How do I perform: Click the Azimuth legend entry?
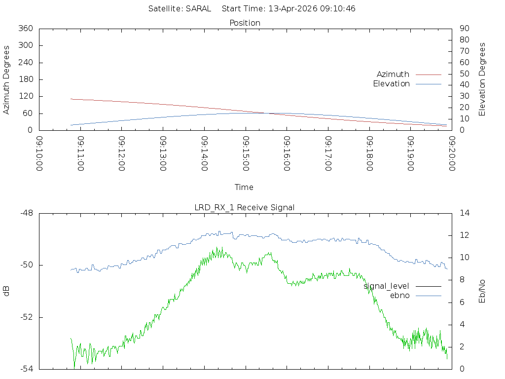tap(393, 74)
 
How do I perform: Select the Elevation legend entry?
tap(391, 84)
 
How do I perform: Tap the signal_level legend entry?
tap(386, 286)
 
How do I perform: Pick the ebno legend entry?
tap(399, 295)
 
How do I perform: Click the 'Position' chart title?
tap(245, 23)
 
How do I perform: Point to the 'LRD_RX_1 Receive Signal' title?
tap(245, 207)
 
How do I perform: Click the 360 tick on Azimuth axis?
tap(25, 29)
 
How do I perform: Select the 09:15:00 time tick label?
tap(246, 153)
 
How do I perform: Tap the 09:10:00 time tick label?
tap(40, 153)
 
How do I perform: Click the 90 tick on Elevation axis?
tap(464, 29)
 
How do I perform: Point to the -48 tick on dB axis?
tap(26, 213)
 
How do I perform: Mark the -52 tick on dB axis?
tap(26, 317)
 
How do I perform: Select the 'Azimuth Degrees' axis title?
tap(7, 80)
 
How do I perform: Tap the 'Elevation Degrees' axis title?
tap(482, 79)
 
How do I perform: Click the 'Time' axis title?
tap(244, 187)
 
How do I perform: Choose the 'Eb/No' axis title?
tap(482, 291)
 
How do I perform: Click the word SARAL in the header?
tap(198, 8)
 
